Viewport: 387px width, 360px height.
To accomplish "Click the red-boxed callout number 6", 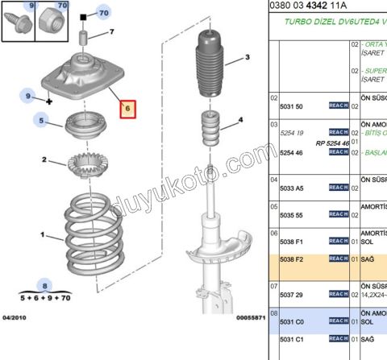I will point(129,108).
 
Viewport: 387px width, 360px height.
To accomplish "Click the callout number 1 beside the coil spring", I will point(44,235).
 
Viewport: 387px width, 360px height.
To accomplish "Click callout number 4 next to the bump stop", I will point(239,122).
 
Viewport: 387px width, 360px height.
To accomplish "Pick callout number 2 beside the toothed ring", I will point(44,159).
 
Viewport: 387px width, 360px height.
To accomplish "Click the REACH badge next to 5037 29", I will point(338,296).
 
